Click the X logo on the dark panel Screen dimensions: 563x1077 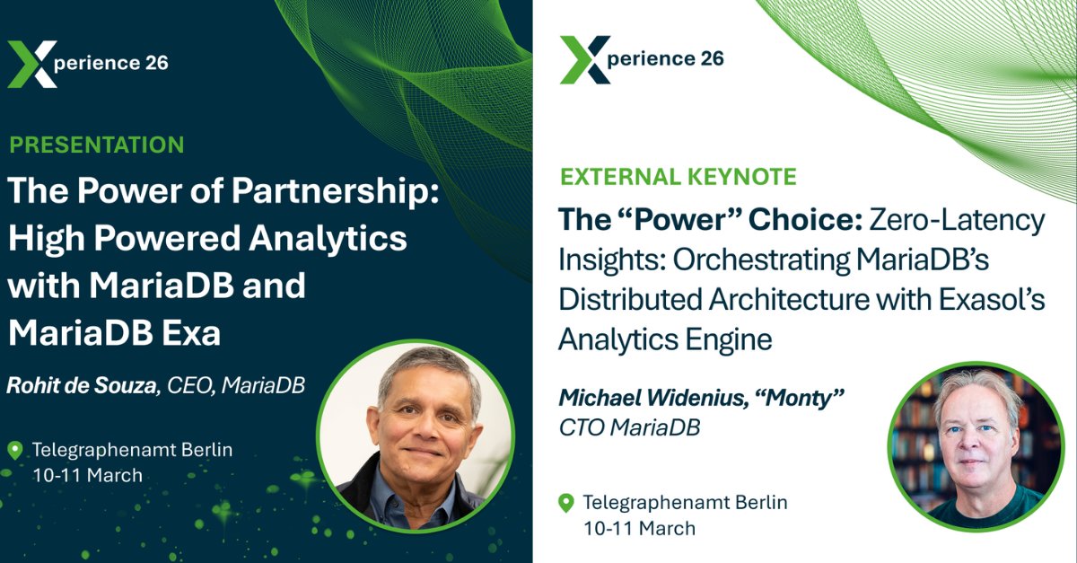pos(32,64)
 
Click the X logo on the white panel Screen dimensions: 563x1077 pos(585,60)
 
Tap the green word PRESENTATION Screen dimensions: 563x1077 pos(97,145)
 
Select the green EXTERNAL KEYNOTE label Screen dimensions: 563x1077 pos(678,176)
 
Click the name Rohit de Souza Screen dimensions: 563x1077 pos(84,385)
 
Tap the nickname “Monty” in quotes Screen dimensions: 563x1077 pos(811,397)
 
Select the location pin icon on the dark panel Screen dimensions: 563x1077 pos(15,451)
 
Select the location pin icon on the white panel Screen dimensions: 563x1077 pos(566,503)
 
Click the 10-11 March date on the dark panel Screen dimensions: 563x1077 pos(87,475)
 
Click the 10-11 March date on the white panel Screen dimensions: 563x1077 pos(639,528)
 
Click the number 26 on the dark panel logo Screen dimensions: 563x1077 pos(154,63)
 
